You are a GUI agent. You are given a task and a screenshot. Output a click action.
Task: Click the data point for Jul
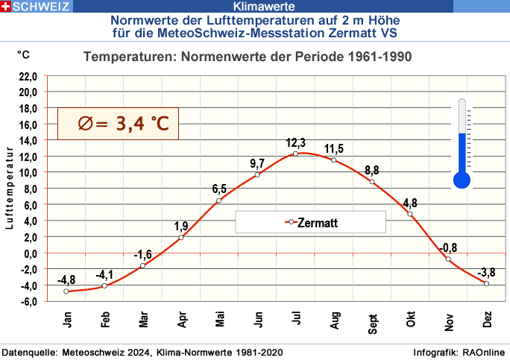(x=295, y=154)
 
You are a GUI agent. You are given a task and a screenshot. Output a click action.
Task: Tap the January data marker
(x=66, y=291)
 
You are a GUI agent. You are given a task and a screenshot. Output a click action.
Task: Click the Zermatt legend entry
(x=310, y=222)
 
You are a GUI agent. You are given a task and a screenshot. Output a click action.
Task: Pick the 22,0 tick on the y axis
(x=27, y=76)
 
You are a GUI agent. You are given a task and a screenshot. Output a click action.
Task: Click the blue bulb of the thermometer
(x=462, y=180)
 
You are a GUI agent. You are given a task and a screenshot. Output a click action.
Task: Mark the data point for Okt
(x=410, y=214)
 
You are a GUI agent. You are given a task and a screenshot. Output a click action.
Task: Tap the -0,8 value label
(x=448, y=247)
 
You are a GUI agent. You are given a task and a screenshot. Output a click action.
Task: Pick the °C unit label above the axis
(x=24, y=54)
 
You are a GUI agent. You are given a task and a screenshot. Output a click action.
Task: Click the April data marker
(x=181, y=238)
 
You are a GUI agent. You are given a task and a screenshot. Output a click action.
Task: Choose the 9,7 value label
(x=257, y=163)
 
